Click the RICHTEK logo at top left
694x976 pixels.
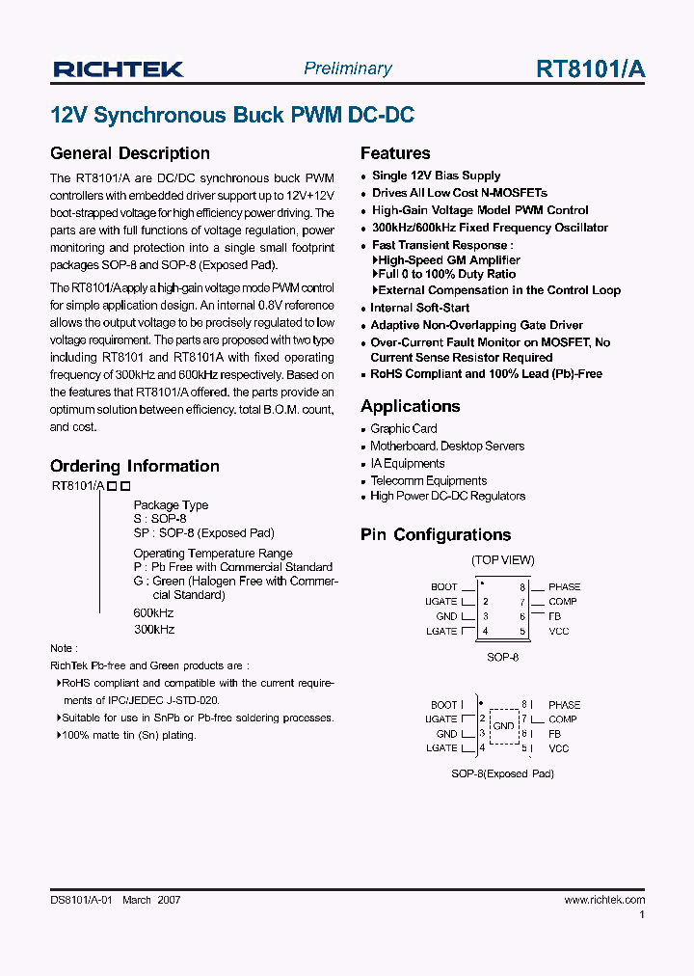point(118,68)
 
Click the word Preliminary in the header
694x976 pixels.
point(347,68)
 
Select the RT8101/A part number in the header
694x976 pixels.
point(590,68)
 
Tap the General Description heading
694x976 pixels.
point(129,153)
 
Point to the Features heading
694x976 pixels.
point(395,153)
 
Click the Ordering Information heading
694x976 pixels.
point(134,466)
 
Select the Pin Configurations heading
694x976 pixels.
point(436,535)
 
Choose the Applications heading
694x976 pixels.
point(410,406)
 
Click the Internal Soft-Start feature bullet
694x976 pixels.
point(420,308)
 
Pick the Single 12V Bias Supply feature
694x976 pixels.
point(436,176)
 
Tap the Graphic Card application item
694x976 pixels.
point(403,428)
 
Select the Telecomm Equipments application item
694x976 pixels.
point(428,480)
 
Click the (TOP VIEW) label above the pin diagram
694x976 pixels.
point(502,560)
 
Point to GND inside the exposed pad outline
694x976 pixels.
point(503,725)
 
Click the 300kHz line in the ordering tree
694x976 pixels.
point(153,629)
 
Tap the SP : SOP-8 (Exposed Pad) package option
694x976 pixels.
point(203,532)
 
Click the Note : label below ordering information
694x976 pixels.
point(64,648)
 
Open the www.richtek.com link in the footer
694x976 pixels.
point(603,900)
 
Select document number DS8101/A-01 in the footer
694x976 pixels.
point(82,900)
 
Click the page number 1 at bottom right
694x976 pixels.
point(642,916)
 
